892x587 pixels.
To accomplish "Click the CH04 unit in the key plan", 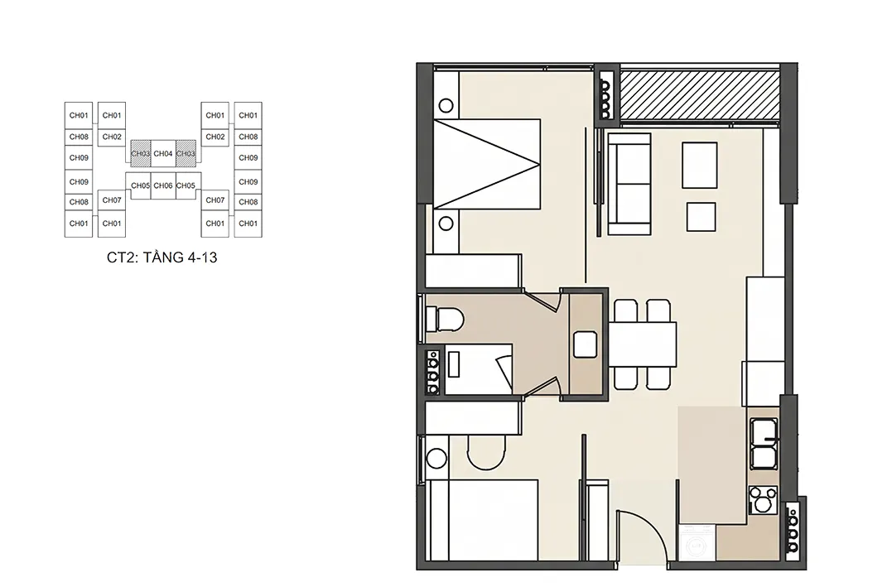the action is click(x=162, y=153).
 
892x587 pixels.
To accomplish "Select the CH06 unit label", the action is click(x=162, y=185).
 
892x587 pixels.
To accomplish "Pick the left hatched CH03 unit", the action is click(x=141, y=153).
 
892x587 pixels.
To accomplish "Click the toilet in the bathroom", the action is click(x=444, y=319).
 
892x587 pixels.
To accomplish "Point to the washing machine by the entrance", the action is click(x=697, y=543).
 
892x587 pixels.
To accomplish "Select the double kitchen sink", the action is click(x=764, y=444).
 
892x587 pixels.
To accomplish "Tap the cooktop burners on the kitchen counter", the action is click(x=763, y=500).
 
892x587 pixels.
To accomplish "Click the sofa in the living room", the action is click(x=629, y=184).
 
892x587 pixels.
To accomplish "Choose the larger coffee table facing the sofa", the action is click(x=699, y=165).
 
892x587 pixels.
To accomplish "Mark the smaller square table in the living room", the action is click(x=701, y=217).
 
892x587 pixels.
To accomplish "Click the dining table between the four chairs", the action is click(x=644, y=344).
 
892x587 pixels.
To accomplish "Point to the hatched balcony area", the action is click(x=699, y=94).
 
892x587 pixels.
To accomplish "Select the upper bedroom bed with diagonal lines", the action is click(x=487, y=164).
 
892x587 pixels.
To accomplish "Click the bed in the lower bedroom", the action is click(x=484, y=521).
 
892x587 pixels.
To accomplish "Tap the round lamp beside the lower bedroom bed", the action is click(x=437, y=459).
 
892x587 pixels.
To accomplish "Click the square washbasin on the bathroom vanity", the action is click(x=586, y=344).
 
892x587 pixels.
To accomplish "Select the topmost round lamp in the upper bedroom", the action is click(x=446, y=105).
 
